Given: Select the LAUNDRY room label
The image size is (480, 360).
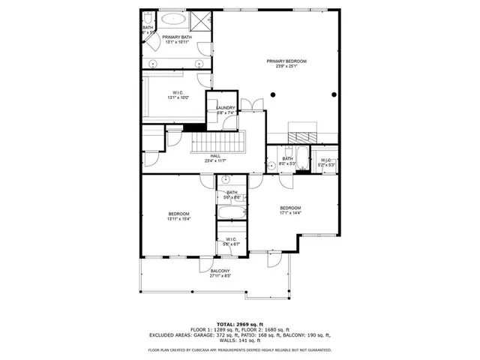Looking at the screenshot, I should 226,108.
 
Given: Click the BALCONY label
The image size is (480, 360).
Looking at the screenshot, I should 220,271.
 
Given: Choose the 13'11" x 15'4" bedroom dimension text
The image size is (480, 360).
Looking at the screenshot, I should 178,219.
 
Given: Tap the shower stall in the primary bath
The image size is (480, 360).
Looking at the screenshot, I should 202,20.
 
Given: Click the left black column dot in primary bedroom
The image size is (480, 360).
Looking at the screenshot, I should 273,94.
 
